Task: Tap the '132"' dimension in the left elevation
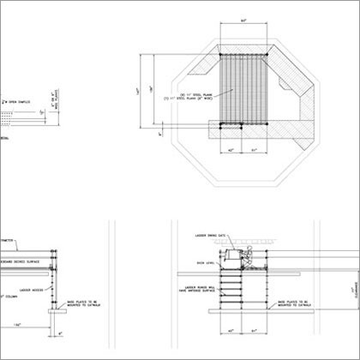(x=18, y=326)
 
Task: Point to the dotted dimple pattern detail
(x=7, y=113)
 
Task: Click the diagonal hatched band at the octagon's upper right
(x=296, y=73)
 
